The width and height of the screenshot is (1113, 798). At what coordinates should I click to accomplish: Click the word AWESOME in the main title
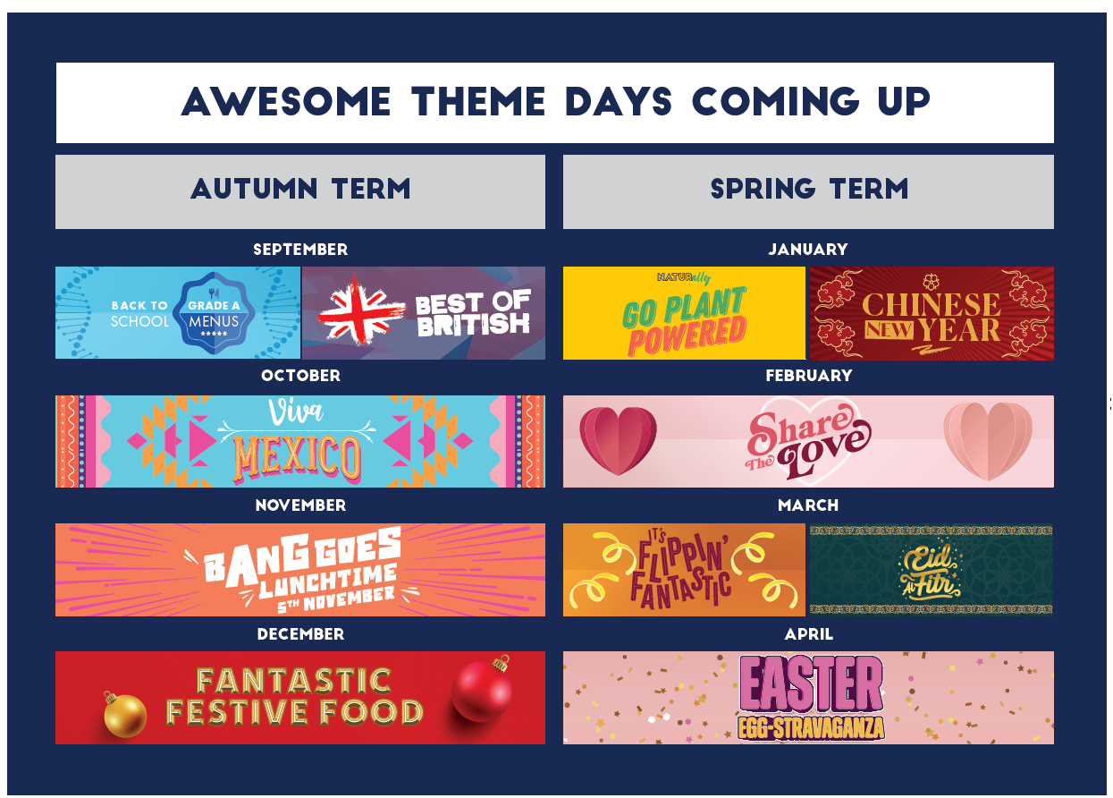click(286, 102)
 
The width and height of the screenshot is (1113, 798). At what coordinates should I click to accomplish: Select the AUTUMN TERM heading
click(300, 189)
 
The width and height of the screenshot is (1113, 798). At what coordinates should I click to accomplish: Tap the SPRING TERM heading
click(809, 189)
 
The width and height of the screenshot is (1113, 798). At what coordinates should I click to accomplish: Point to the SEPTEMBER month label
click(300, 249)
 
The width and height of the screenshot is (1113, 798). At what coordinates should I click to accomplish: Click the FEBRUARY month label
click(809, 376)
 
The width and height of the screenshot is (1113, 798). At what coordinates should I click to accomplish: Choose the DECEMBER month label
click(300, 634)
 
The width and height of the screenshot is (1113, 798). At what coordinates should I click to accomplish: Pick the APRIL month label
click(809, 634)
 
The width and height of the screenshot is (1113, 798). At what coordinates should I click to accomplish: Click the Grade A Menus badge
click(214, 313)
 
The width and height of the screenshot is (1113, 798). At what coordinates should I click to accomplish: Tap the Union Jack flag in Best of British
click(360, 310)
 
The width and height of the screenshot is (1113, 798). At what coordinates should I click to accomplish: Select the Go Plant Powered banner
click(684, 313)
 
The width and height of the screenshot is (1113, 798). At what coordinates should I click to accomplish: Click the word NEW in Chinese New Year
click(889, 329)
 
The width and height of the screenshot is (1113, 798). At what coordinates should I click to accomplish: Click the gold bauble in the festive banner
click(124, 714)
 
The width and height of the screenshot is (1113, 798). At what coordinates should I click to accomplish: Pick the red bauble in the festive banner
click(482, 689)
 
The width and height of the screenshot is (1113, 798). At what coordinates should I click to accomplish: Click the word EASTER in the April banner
click(811, 683)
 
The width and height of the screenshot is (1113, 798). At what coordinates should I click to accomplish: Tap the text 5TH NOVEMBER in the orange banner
click(336, 599)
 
